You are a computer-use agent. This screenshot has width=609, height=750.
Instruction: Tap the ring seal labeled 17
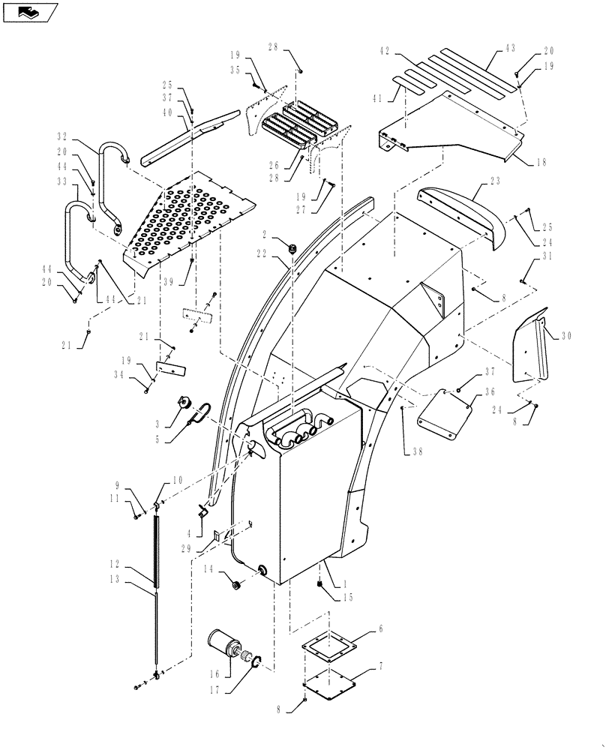[256, 663]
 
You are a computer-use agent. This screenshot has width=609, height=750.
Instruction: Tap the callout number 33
[62, 181]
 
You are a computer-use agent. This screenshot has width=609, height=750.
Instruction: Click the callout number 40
[166, 112]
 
